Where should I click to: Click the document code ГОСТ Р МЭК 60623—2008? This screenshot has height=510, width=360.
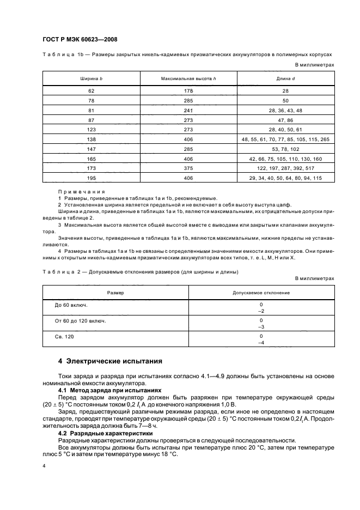[80, 39]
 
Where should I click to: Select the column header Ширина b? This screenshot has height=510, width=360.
[91, 80]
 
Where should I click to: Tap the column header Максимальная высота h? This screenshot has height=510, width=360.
[188, 80]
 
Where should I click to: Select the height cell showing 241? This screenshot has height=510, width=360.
[188, 111]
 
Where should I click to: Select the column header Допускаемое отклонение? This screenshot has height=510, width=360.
[261, 293]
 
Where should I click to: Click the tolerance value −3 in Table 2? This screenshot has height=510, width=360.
[261, 327]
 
